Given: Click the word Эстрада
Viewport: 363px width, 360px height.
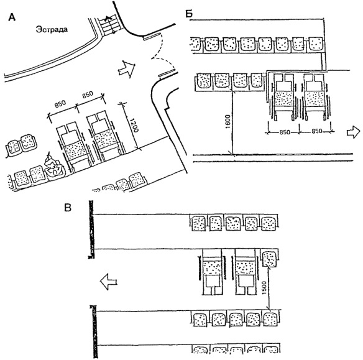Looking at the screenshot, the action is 52,29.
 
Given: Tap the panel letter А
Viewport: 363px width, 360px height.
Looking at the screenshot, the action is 12,17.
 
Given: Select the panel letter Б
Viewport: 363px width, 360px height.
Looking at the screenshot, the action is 189,14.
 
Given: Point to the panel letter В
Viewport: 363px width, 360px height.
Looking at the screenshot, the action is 68,208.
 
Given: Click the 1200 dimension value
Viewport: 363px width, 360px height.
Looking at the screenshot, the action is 134,125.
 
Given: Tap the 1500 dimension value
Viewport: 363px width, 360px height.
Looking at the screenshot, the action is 265,288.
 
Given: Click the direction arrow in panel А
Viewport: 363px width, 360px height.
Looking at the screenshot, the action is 126,68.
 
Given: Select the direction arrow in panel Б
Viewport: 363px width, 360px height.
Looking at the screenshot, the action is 354,132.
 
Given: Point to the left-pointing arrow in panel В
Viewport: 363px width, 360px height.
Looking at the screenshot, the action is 109,281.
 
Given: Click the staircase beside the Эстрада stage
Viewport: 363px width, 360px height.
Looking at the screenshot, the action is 108,25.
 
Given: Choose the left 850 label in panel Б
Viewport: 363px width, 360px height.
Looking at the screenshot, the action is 284,132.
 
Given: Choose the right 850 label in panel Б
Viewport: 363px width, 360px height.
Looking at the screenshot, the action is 316,131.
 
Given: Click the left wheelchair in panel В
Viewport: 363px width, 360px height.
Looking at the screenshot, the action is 212,272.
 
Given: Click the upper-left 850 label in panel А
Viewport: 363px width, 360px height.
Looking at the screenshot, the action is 60,104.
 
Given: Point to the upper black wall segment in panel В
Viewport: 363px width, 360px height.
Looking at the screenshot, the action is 91,229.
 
